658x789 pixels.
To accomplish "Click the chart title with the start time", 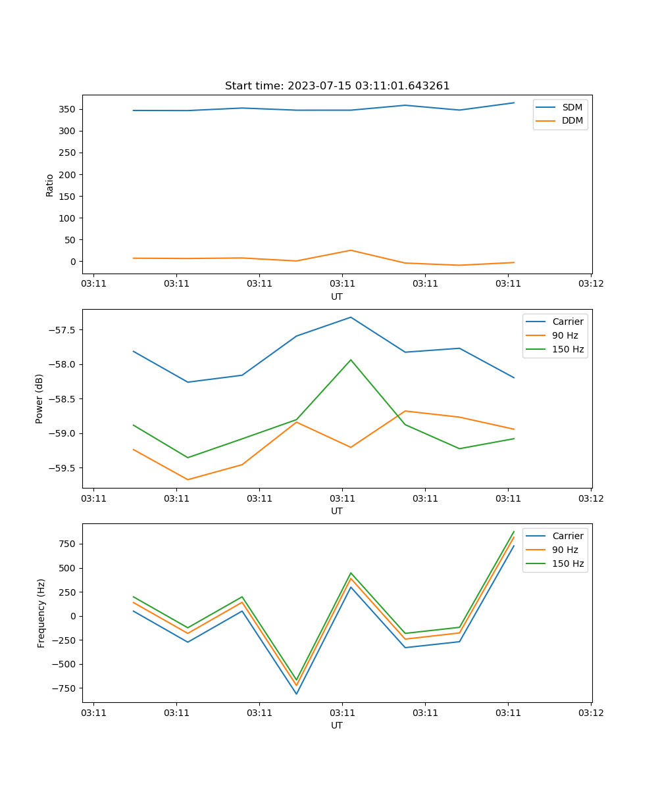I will point(337,86).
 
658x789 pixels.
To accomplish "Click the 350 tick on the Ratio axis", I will point(69,109).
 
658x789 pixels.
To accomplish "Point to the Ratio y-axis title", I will point(50,185).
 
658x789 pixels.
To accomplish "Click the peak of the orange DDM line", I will point(351,251).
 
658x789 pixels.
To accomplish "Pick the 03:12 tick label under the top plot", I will point(591,284).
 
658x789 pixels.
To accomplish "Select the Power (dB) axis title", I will point(39,398).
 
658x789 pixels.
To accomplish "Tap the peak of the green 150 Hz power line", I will point(351,360).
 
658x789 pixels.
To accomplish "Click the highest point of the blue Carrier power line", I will point(351,318).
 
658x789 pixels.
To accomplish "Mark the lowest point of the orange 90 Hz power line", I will point(188,479).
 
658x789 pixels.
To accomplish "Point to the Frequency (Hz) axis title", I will point(41,613).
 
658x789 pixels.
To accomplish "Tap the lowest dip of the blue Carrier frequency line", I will point(296,694).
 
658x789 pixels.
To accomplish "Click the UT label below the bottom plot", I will point(337,725).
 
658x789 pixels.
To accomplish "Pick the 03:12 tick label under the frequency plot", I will point(591,713).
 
